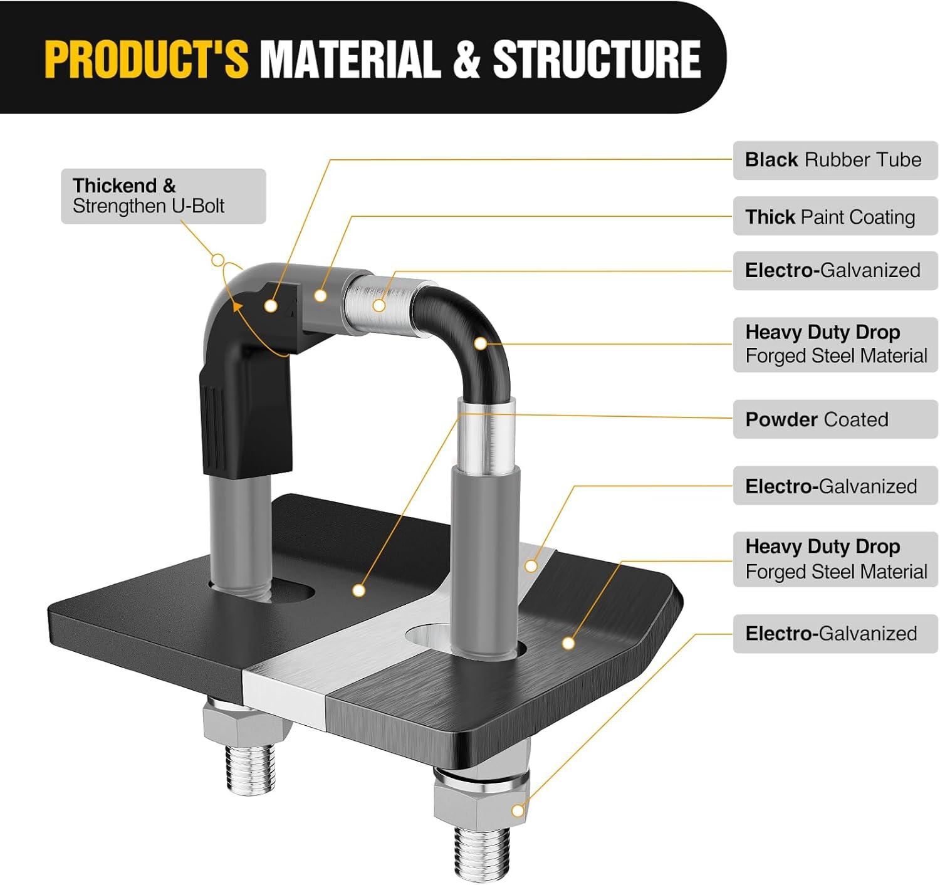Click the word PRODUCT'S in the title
tap(146, 59)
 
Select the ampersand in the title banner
tap(465, 59)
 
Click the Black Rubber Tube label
tap(835, 160)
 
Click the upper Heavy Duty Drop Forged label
tap(835, 344)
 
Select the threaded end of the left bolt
tap(249, 768)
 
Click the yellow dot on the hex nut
tap(518, 811)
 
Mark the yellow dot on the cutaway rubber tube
tap(271, 306)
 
